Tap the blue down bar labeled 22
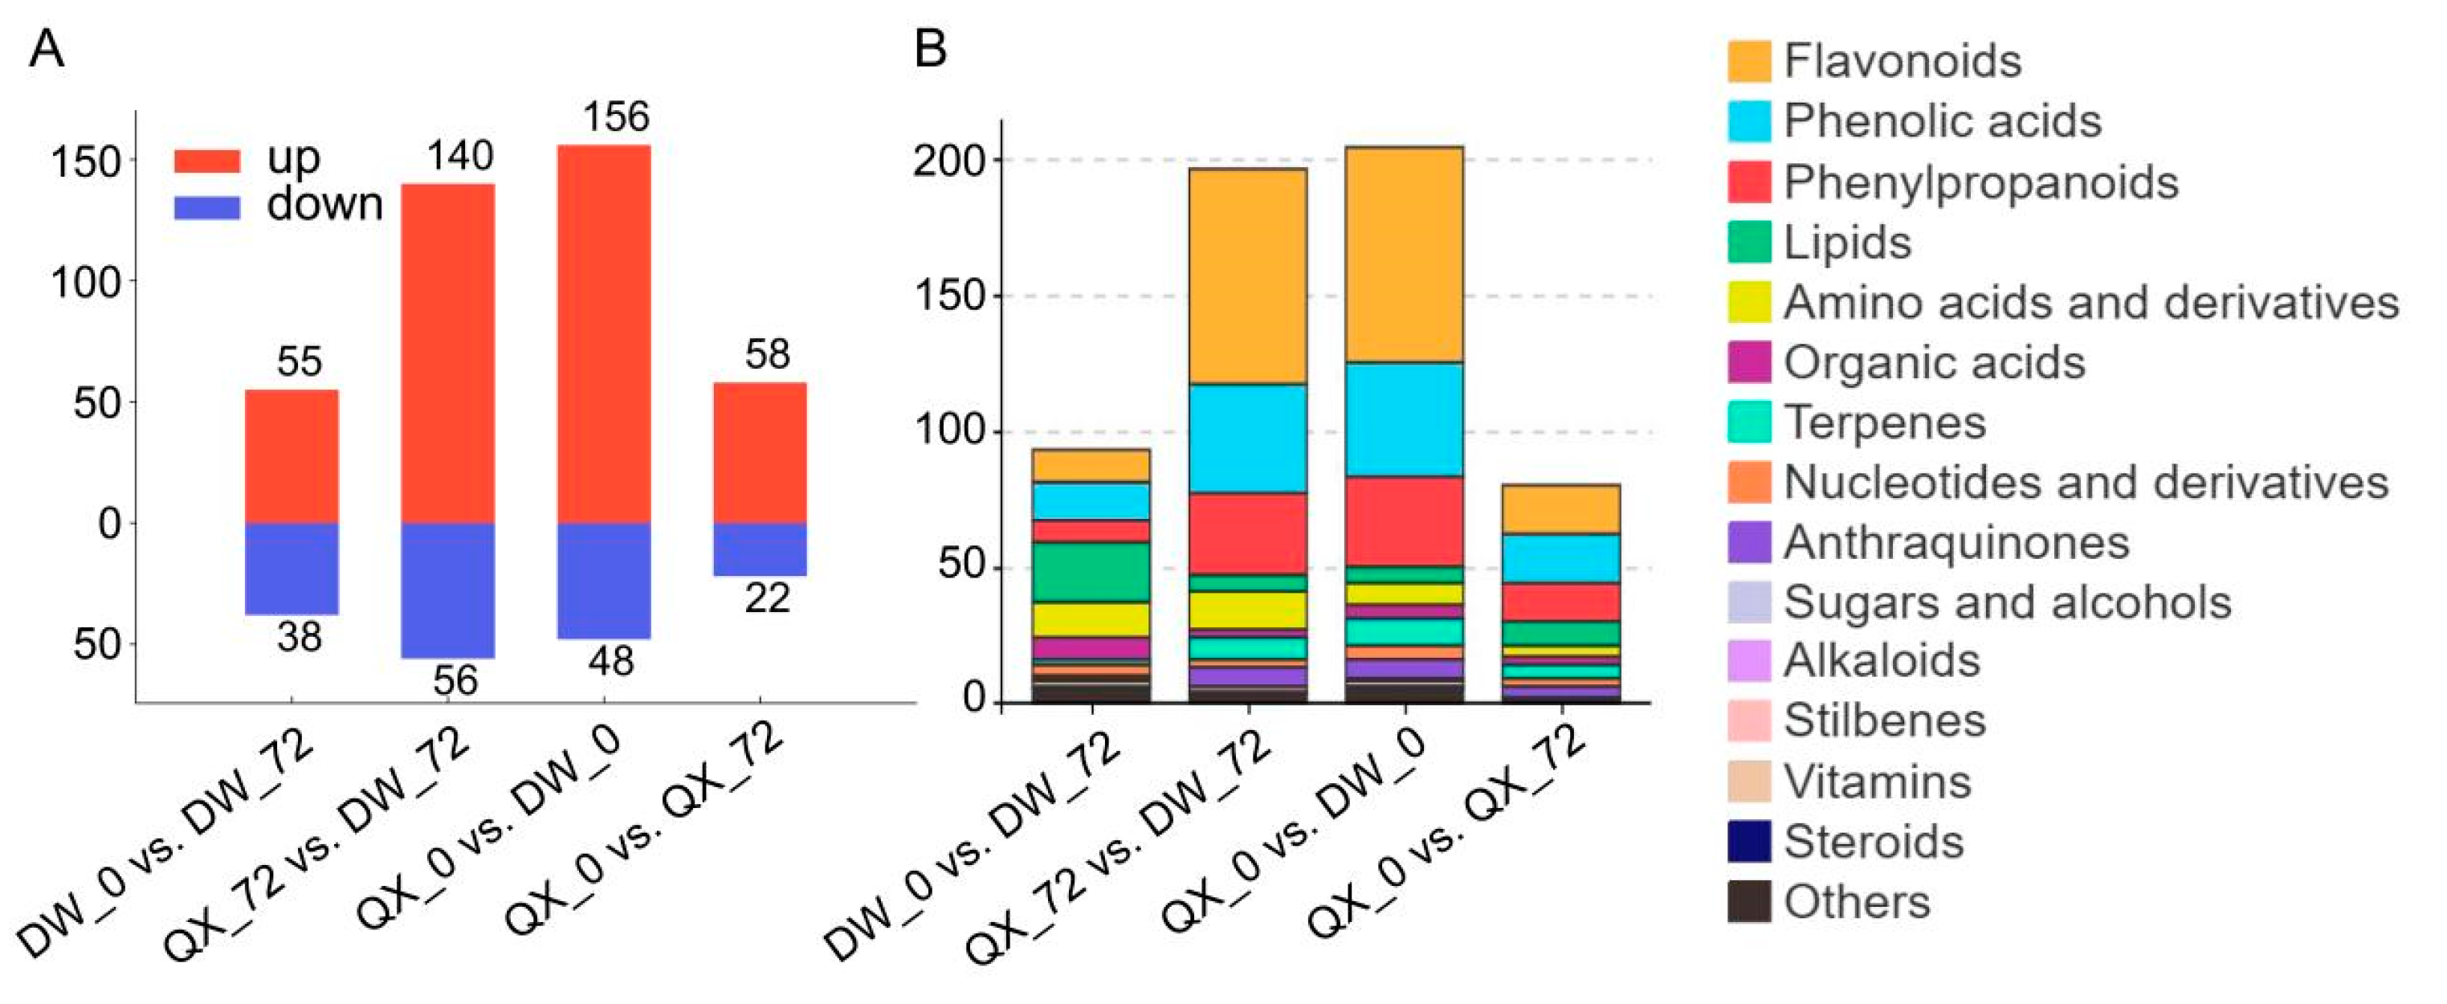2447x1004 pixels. point(760,549)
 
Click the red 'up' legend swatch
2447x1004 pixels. point(207,161)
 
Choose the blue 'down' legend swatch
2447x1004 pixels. point(207,207)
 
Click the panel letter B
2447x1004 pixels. point(930,47)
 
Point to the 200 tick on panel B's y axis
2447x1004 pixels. point(949,161)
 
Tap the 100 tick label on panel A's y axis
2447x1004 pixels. point(85,283)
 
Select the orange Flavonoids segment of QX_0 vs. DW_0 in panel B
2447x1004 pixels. point(1404,255)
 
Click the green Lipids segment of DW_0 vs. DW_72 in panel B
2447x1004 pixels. point(1091,573)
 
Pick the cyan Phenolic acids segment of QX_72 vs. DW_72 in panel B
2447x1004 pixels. point(1248,439)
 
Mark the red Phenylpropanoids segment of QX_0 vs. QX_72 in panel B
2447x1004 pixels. point(1560,602)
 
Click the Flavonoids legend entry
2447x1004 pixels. point(1900,61)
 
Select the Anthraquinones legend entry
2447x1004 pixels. point(1954,542)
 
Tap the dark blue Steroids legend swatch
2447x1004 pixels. point(1749,842)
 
